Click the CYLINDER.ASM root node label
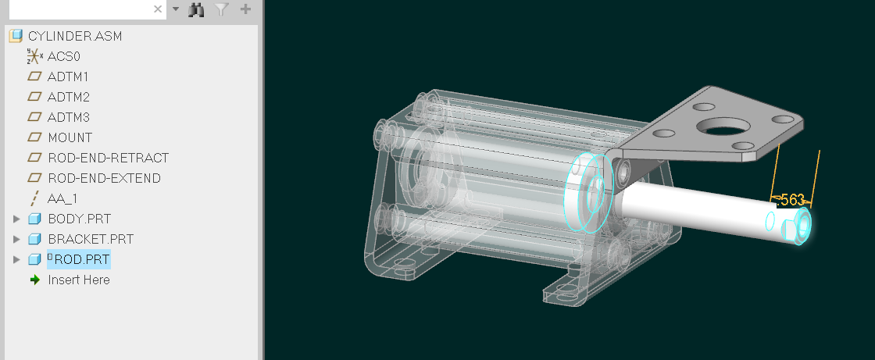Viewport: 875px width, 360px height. click(x=74, y=36)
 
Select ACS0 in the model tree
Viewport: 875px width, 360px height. click(x=63, y=56)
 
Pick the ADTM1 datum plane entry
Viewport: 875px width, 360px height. click(x=68, y=77)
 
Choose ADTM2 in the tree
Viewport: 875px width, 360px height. click(x=68, y=97)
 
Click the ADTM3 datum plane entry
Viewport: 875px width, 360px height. click(x=68, y=117)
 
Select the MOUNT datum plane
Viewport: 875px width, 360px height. click(x=70, y=137)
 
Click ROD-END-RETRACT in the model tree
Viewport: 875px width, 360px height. click(x=108, y=158)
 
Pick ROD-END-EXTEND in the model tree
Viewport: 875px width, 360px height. click(x=104, y=178)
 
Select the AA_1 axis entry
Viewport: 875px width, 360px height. click(x=62, y=198)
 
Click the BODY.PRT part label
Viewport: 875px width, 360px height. click(x=78, y=219)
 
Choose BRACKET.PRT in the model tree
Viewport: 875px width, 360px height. click(x=90, y=239)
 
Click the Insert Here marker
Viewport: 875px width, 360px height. click(x=78, y=280)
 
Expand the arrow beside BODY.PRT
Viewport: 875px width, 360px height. click(x=17, y=219)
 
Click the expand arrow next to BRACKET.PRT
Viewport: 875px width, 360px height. click(x=17, y=239)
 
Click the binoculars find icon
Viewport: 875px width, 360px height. click(x=197, y=9)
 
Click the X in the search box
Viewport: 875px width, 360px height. click(x=158, y=9)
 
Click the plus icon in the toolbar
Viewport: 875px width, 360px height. click(x=245, y=9)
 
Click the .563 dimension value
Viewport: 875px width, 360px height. click(x=792, y=200)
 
